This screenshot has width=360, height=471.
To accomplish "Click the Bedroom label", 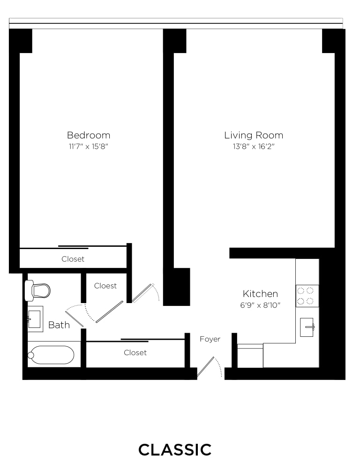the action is [x=89, y=135].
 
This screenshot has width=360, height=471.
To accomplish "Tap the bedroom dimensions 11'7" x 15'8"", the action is [x=88, y=146].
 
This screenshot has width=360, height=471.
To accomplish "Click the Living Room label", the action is [x=254, y=135].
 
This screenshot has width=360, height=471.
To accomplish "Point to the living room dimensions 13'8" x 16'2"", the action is [x=254, y=146].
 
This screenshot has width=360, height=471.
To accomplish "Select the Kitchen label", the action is [x=260, y=294].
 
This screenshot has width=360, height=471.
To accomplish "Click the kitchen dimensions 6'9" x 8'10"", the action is [x=260, y=305].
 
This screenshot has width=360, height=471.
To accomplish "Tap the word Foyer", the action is [x=210, y=339].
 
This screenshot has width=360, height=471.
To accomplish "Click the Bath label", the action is [x=59, y=325].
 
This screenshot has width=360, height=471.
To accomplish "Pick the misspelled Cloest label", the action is [x=105, y=286].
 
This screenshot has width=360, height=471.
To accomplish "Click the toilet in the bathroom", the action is [x=37, y=290].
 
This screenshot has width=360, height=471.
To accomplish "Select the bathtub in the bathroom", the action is [x=51, y=355].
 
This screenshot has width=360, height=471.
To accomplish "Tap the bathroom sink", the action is [x=35, y=319].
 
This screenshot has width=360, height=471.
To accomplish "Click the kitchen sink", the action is [x=307, y=327].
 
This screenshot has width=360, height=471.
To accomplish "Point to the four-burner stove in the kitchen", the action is [x=307, y=296].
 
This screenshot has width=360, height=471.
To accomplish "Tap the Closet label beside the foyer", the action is [x=135, y=353].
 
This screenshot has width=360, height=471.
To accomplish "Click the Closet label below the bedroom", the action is [x=73, y=259].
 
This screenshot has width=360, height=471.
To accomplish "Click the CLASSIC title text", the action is [x=175, y=450].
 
